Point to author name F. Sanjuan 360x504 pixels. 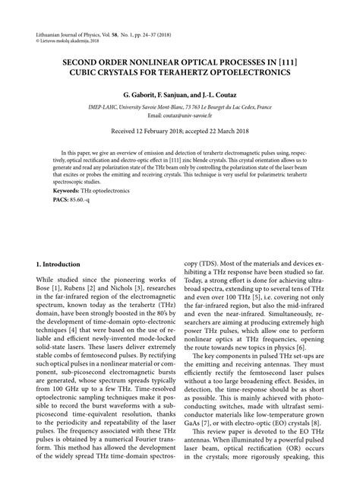pyautogui.click(x=175, y=95)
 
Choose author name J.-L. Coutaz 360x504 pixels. pyautogui.click(x=221, y=95)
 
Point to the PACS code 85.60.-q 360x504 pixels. pyautogui.click(x=79, y=198)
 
